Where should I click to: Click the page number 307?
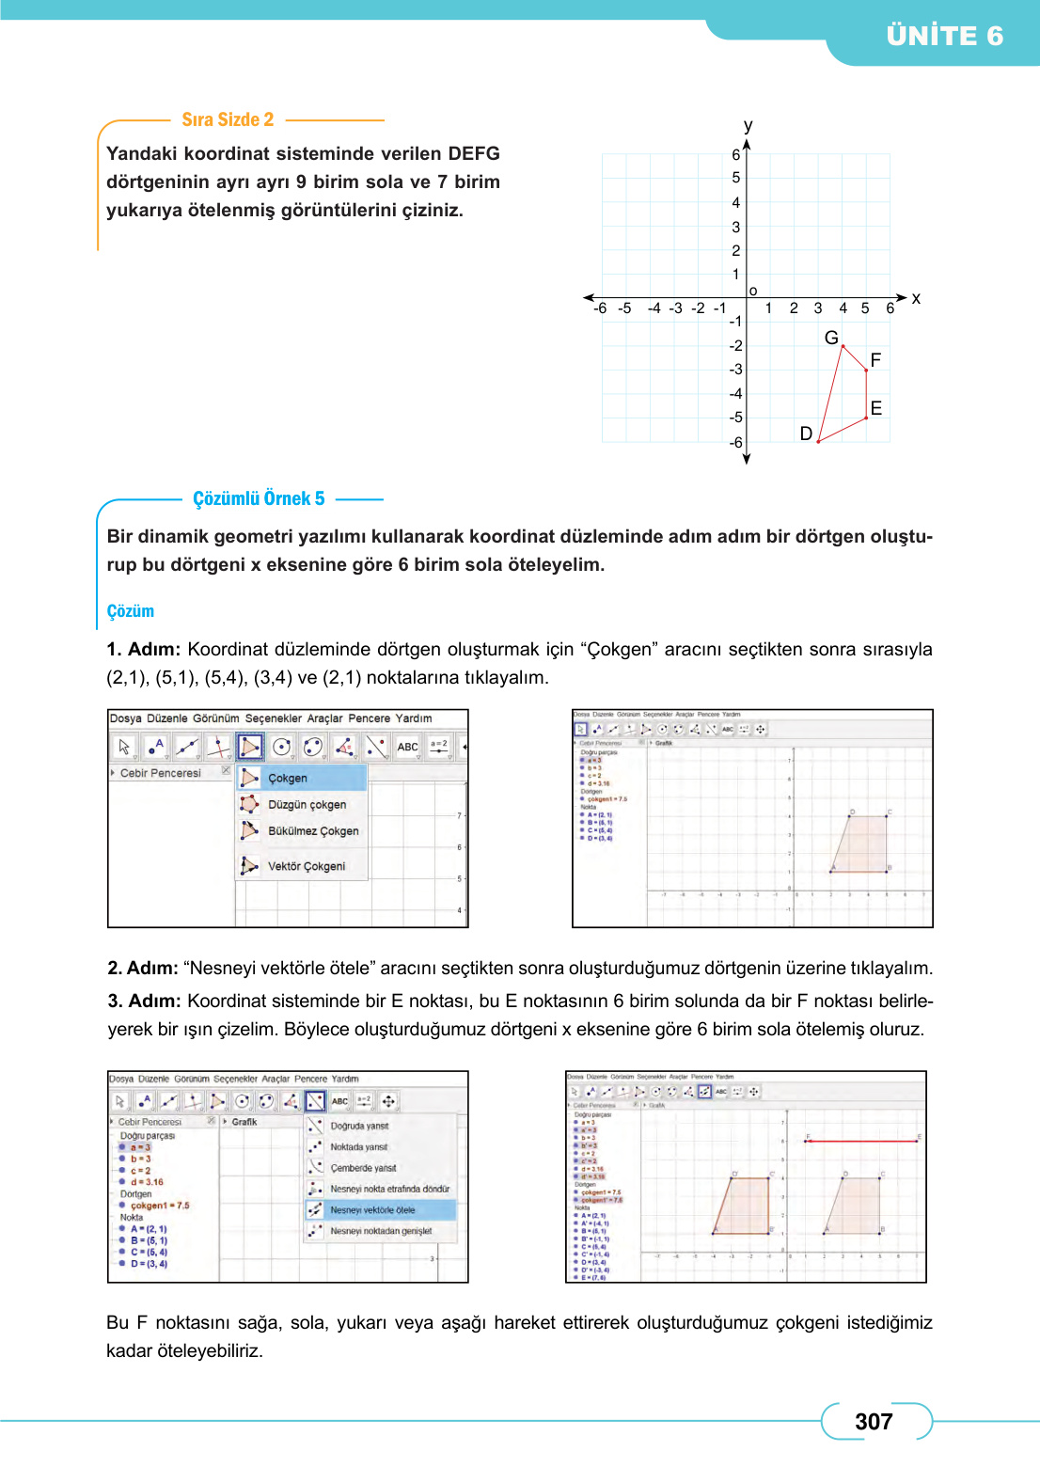tap(874, 1422)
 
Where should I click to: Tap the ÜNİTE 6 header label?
tap(944, 36)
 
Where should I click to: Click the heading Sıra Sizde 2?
tap(228, 119)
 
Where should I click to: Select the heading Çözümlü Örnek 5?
tap(259, 498)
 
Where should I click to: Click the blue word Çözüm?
tap(130, 611)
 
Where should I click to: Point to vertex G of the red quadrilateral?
tap(843, 346)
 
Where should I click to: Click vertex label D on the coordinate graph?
tap(806, 434)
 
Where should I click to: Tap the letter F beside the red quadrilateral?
tap(875, 360)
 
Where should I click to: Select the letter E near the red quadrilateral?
tap(876, 408)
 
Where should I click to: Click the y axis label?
tap(748, 125)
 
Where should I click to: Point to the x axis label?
tap(916, 298)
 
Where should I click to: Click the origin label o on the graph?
tap(753, 291)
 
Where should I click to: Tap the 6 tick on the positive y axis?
tap(736, 155)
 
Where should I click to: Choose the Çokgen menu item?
tap(288, 779)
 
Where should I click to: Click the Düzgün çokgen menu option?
tap(307, 805)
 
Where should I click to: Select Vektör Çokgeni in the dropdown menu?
tap(307, 866)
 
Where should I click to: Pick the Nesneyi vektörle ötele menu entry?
tap(372, 1210)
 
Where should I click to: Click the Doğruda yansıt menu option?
tap(359, 1126)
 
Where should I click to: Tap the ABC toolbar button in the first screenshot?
tap(407, 747)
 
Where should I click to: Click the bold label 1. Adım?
tap(143, 650)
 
